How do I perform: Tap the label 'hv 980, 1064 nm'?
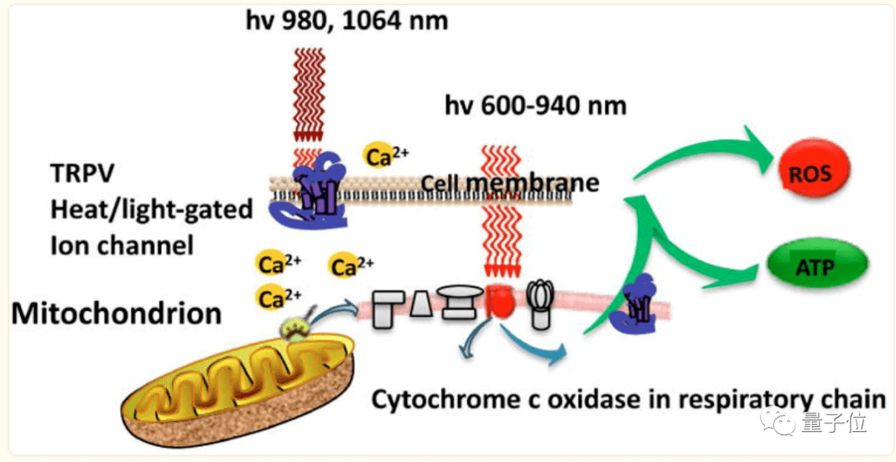pyautogui.click(x=346, y=19)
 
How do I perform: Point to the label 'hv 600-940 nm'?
pyautogui.click(x=535, y=106)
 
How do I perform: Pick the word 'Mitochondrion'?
pyautogui.click(x=117, y=314)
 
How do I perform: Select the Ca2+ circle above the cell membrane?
pyautogui.click(x=386, y=155)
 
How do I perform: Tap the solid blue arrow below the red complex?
pyautogui.click(x=540, y=346)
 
